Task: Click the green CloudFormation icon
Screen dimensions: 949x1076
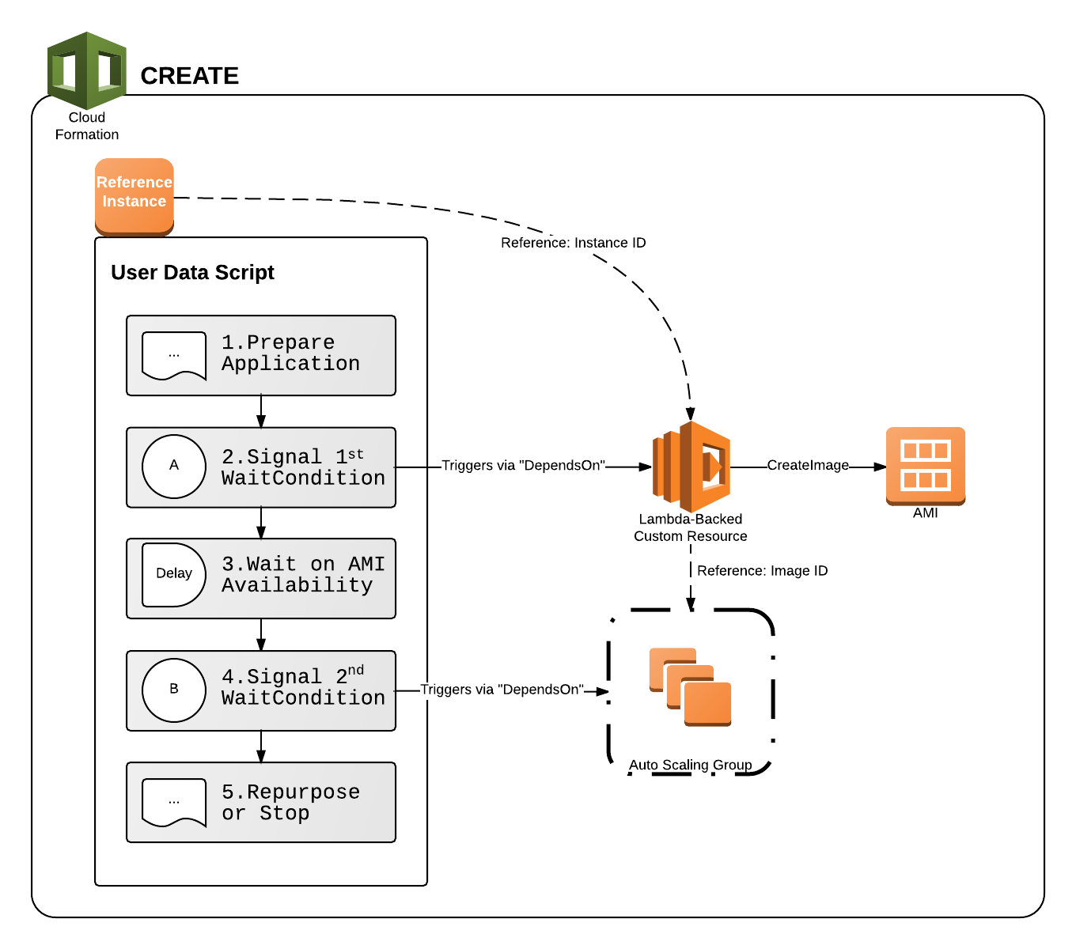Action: (86, 71)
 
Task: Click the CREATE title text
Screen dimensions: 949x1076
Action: (189, 76)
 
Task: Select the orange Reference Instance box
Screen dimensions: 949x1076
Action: (134, 195)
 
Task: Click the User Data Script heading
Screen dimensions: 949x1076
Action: (192, 273)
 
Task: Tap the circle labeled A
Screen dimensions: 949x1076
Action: (174, 466)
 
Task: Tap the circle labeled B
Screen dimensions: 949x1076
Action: (174, 690)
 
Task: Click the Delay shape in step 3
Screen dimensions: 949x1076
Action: (173, 574)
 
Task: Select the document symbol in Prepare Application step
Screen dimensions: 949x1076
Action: (174, 356)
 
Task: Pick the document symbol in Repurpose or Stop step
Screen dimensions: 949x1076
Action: (174, 802)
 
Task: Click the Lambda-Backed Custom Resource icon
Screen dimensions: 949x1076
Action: (691, 467)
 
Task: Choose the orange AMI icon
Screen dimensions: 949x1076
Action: (925, 465)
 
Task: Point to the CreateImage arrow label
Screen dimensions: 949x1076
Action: (807, 466)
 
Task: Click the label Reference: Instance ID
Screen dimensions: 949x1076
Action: (573, 243)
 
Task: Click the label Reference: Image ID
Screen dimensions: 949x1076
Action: (761, 571)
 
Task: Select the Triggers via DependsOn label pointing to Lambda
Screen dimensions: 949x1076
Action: (522, 466)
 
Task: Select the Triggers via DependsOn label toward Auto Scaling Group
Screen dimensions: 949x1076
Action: (502, 690)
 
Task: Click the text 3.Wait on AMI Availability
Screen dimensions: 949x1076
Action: (302, 575)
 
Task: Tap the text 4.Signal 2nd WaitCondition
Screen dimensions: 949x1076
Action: (302, 687)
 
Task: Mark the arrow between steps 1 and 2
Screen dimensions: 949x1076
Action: (261, 411)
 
